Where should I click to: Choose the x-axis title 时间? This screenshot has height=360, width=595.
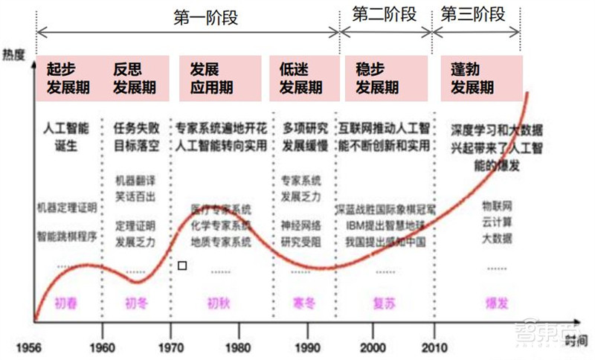click(x=575, y=340)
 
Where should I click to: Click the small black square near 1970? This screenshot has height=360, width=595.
click(x=182, y=265)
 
